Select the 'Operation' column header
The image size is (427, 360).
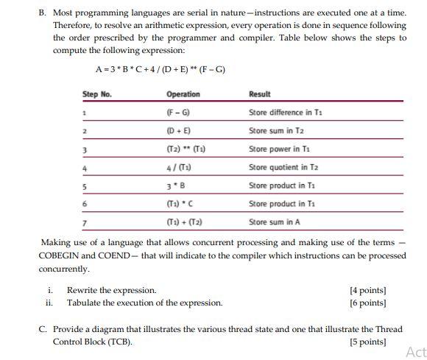click(x=183, y=94)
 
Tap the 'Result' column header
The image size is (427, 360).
click(x=259, y=94)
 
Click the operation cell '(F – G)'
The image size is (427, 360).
click(x=178, y=113)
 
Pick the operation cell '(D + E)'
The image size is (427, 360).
click(x=178, y=131)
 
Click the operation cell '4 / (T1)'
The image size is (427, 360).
click(x=180, y=168)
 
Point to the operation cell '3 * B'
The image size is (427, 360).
click(x=177, y=186)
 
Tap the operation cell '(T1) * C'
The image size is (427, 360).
click(x=180, y=204)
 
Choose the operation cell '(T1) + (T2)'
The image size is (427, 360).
click(x=183, y=222)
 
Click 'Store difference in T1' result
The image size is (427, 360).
click(x=286, y=113)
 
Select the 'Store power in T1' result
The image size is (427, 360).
click(x=279, y=149)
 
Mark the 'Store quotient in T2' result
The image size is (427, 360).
click(x=283, y=168)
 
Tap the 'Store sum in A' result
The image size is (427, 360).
click(x=275, y=222)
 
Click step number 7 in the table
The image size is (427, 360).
click(x=85, y=222)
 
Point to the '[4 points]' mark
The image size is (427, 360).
click(x=367, y=290)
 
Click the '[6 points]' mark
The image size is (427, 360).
click(x=367, y=303)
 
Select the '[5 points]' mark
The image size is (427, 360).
click(x=367, y=342)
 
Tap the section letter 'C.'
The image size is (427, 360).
click(x=43, y=329)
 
